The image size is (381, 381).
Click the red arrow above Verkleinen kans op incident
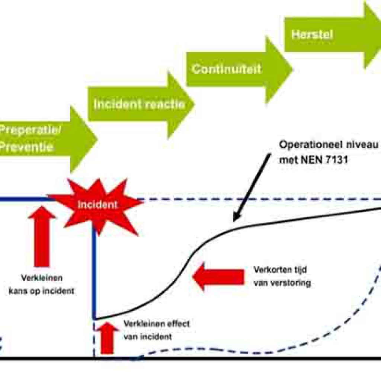[x=42, y=236]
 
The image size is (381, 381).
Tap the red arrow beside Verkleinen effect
[x=107, y=337]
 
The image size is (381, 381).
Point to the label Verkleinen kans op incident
[x=41, y=285]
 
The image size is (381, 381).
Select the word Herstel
[x=312, y=35]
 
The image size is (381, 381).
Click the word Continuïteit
[x=226, y=70]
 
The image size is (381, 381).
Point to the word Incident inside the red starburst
[x=97, y=204]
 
